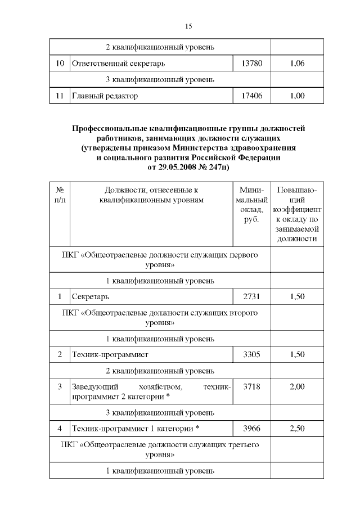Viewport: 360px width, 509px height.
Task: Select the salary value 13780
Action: tap(251, 64)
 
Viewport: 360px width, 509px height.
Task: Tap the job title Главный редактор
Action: tap(105, 96)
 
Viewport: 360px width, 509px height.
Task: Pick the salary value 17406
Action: tap(251, 96)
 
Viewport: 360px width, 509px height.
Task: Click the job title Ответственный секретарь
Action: tap(118, 64)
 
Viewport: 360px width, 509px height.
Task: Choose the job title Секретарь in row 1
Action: tap(90, 296)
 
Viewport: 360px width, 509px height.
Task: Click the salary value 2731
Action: tap(251, 296)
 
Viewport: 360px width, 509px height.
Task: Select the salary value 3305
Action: tap(251, 354)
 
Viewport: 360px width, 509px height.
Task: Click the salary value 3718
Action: tap(251, 387)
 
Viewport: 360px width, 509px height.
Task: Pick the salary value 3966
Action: tap(251, 429)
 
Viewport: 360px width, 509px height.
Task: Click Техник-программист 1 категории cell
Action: tap(136, 429)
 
